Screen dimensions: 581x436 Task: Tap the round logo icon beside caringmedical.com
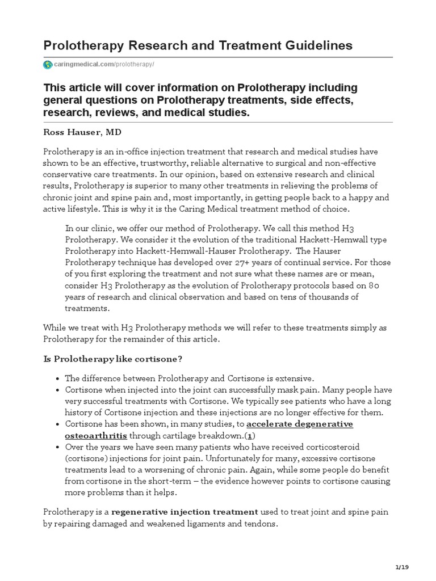coord(47,65)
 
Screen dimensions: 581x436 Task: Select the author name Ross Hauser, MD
coord(82,132)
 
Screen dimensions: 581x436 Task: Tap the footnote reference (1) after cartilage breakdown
coord(250,436)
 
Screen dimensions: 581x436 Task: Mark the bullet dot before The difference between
coord(59,379)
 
